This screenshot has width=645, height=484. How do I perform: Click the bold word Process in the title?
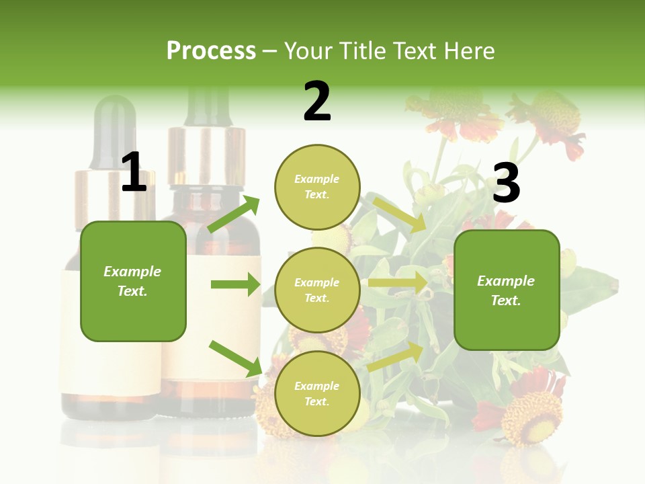[x=211, y=51]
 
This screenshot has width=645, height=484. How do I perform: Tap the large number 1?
[x=134, y=173]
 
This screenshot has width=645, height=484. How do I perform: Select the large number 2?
[x=317, y=102]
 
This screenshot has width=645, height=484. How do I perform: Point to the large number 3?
[x=506, y=184]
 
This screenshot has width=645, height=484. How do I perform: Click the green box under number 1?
[x=133, y=281]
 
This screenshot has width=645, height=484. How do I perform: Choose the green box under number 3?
[x=507, y=290]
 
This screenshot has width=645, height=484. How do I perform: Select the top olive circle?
[x=317, y=187]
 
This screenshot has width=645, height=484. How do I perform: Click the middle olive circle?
[x=317, y=290]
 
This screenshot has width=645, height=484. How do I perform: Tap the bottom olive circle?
[x=317, y=393]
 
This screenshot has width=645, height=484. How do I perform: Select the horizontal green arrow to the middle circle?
[x=235, y=284]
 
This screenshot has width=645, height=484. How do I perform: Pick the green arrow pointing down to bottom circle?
[x=236, y=358]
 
